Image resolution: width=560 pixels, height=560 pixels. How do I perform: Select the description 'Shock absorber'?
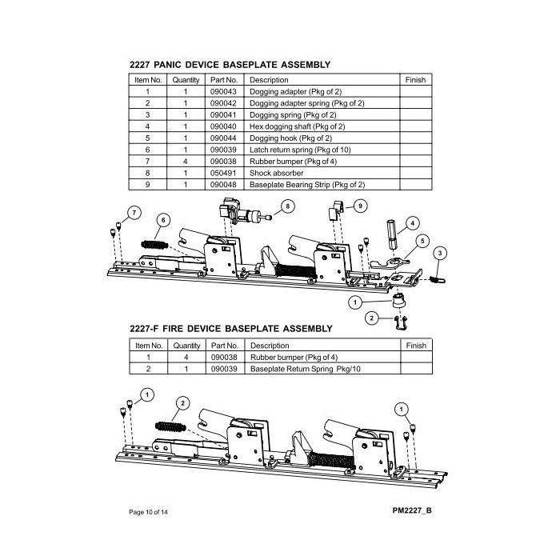pyautogui.click(x=274, y=172)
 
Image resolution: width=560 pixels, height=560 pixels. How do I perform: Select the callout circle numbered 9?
pyautogui.click(x=359, y=206)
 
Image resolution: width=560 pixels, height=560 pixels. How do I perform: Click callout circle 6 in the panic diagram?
pyautogui.click(x=165, y=219)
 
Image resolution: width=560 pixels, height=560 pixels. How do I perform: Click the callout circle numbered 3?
pyautogui.click(x=439, y=254)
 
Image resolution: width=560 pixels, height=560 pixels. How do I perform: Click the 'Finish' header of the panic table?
pyautogui.click(x=416, y=81)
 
